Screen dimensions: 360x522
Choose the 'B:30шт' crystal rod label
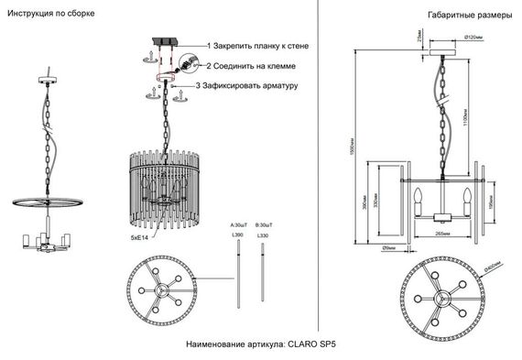(x=266, y=224)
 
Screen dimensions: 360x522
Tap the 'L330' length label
(x=266, y=236)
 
